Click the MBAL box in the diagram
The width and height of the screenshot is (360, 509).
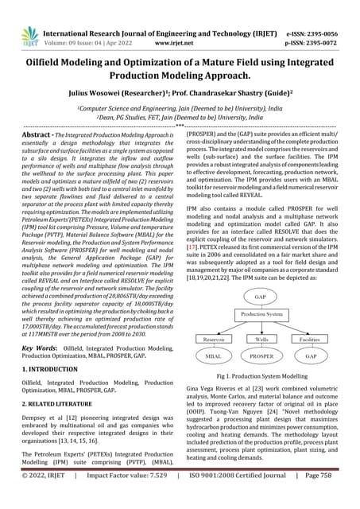tap(213, 357)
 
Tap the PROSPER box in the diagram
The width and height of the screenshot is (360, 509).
tap(261, 357)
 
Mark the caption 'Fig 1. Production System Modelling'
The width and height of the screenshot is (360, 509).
tap(261, 375)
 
